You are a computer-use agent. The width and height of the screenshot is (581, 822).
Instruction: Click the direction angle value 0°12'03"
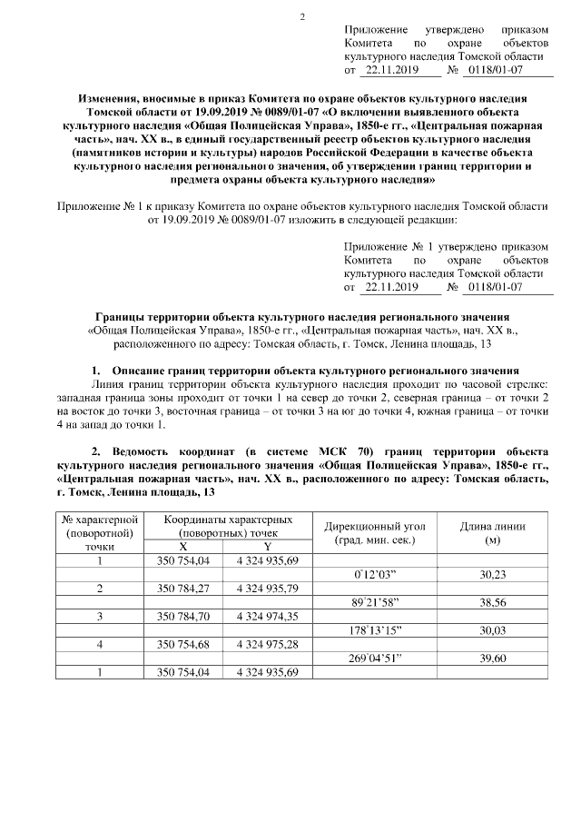(x=375, y=575)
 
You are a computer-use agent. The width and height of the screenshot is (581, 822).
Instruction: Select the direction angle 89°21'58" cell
(x=375, y=602)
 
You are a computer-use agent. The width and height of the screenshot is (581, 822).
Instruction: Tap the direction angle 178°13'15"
(x=375, y=630)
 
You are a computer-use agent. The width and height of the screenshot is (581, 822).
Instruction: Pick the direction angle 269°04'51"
(x=375, y=659)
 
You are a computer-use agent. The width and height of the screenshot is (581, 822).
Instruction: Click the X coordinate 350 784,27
(x=183, y=589)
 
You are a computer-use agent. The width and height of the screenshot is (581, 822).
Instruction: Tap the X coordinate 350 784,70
(x=183, y=617)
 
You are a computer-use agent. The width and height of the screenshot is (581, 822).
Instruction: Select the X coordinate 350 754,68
(x=183, y=645)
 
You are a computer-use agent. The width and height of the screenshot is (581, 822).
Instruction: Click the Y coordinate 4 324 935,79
(x=267, y=589)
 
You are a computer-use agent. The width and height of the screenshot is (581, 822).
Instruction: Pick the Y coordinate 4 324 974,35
(x=267, y=617)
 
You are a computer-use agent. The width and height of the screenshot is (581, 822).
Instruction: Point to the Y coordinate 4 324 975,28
(x=267, y=645)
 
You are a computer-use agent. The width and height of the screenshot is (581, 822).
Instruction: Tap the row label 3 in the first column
(x=100, y=617)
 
